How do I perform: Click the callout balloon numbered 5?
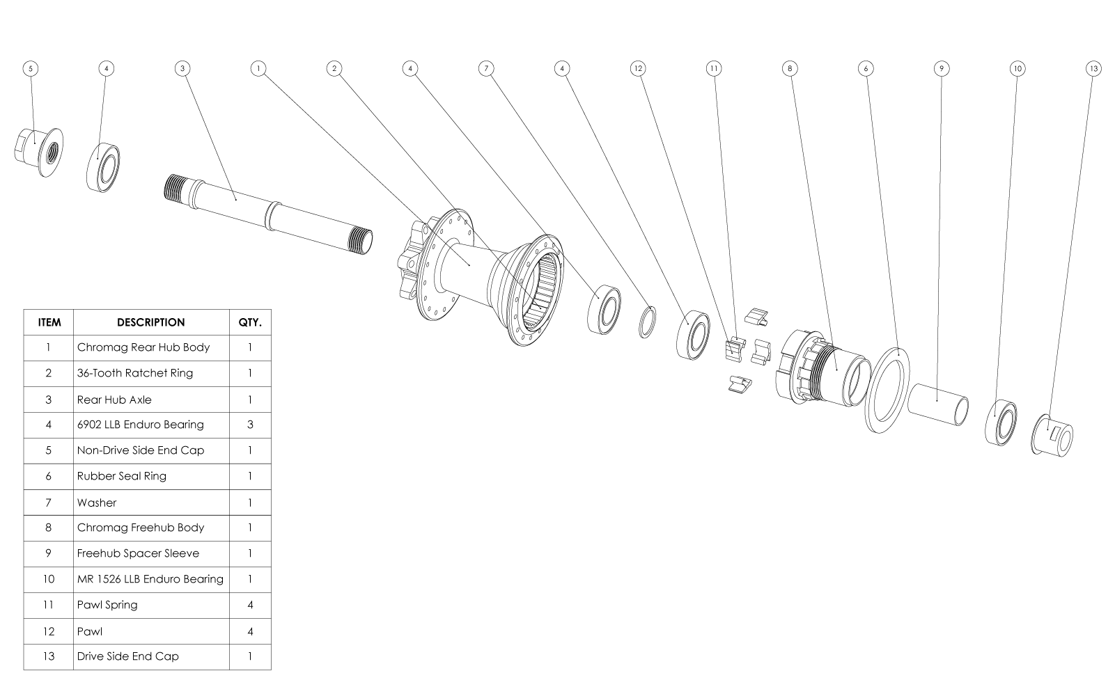pos(30,68)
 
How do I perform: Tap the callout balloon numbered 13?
pos(1093,68)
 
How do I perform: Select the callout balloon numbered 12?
pos(637,68)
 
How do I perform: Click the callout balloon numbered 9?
pos(941,68)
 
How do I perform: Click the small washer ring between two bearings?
pos(647,321)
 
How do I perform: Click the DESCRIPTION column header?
pos(151,322)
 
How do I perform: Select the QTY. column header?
pos(250,322)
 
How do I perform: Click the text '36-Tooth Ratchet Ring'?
pos(134,373)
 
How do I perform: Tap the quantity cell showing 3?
pos(250,425)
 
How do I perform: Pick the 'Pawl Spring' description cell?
pos(108,605)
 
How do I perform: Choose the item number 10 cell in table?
pos(48,579)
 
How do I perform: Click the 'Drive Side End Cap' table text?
pos(127,656)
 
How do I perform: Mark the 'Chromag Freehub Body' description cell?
pos(141,528)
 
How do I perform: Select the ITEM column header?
pos(49,322)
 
